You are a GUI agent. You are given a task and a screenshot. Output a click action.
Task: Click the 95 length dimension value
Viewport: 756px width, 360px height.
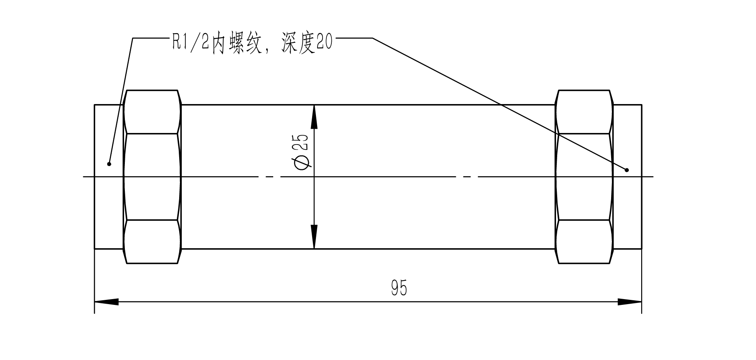point(399,288)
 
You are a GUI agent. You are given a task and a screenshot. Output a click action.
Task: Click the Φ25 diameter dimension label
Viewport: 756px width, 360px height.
point(302,152)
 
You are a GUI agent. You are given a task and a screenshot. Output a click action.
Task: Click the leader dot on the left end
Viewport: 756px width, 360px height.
point(109,164)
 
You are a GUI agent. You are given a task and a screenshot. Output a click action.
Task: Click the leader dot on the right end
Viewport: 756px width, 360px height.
point(627,170)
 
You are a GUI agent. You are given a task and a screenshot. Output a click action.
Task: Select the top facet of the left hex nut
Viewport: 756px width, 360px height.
point(152,112)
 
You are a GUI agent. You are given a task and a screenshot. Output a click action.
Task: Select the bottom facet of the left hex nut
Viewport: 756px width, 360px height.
point(152,241)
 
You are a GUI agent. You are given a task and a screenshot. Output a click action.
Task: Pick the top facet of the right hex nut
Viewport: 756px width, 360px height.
point(584,112)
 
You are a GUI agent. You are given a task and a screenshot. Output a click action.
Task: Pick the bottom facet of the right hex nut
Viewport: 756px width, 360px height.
point(584,241)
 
